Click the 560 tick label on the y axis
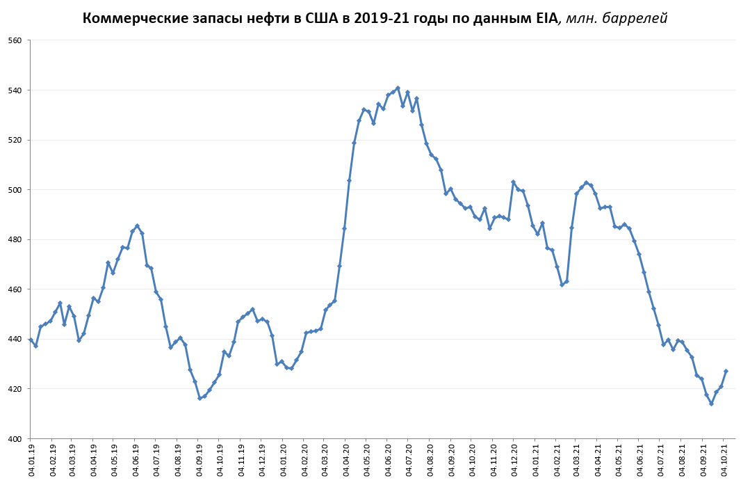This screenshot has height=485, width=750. (15, 40)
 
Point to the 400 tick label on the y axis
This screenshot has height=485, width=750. (15, 438)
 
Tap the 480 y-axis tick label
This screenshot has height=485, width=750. (15, 239)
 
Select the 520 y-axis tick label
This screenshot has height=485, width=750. (15, 140)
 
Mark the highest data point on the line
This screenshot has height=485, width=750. (398, 88)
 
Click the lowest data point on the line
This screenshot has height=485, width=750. (711, 404)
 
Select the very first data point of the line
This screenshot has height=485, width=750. (31, 340)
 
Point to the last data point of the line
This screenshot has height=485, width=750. (726, 371)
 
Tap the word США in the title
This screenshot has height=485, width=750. (323, 19)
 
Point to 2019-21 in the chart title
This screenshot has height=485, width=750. (383, 19)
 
